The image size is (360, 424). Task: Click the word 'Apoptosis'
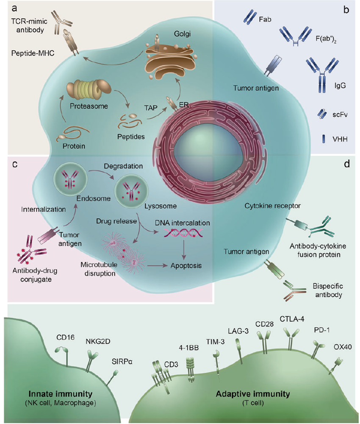[185, 266]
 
